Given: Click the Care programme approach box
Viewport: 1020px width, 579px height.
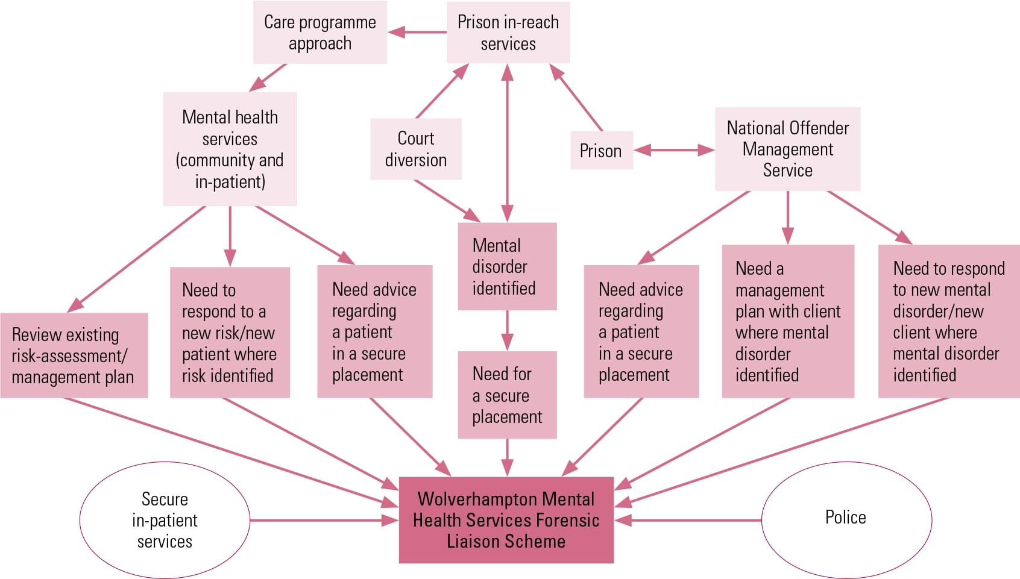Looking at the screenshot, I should [320, 33].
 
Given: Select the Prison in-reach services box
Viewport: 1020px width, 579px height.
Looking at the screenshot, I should [508, 33].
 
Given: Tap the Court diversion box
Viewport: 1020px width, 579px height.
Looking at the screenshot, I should [416, 149].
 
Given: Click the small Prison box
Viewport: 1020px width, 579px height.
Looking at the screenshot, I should [601, 150].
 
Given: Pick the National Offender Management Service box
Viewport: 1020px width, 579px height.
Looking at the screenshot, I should [787, 149].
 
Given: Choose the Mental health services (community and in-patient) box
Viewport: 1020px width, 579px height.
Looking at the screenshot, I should [230, 149].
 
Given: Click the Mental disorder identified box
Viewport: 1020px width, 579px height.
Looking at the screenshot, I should [507, 266].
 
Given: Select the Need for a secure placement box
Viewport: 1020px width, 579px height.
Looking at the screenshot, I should [507, 395].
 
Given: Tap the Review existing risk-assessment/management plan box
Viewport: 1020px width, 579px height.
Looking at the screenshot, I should [74, 355].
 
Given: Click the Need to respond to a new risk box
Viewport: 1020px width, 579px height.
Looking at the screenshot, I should [230, 333].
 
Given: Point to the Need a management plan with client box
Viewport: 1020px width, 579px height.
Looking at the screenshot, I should [788, 321].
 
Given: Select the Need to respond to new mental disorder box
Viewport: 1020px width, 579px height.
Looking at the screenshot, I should [948, 321].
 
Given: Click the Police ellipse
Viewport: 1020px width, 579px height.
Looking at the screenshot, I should [846, 519].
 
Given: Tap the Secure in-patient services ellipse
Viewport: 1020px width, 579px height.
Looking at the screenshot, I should [165, 520].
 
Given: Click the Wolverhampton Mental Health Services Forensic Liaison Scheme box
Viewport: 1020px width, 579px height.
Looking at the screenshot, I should [506, 520].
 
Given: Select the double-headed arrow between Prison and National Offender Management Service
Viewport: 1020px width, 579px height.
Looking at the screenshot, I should [674, 150].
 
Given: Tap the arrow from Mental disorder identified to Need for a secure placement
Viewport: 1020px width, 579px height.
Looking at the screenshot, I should [507, 330].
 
